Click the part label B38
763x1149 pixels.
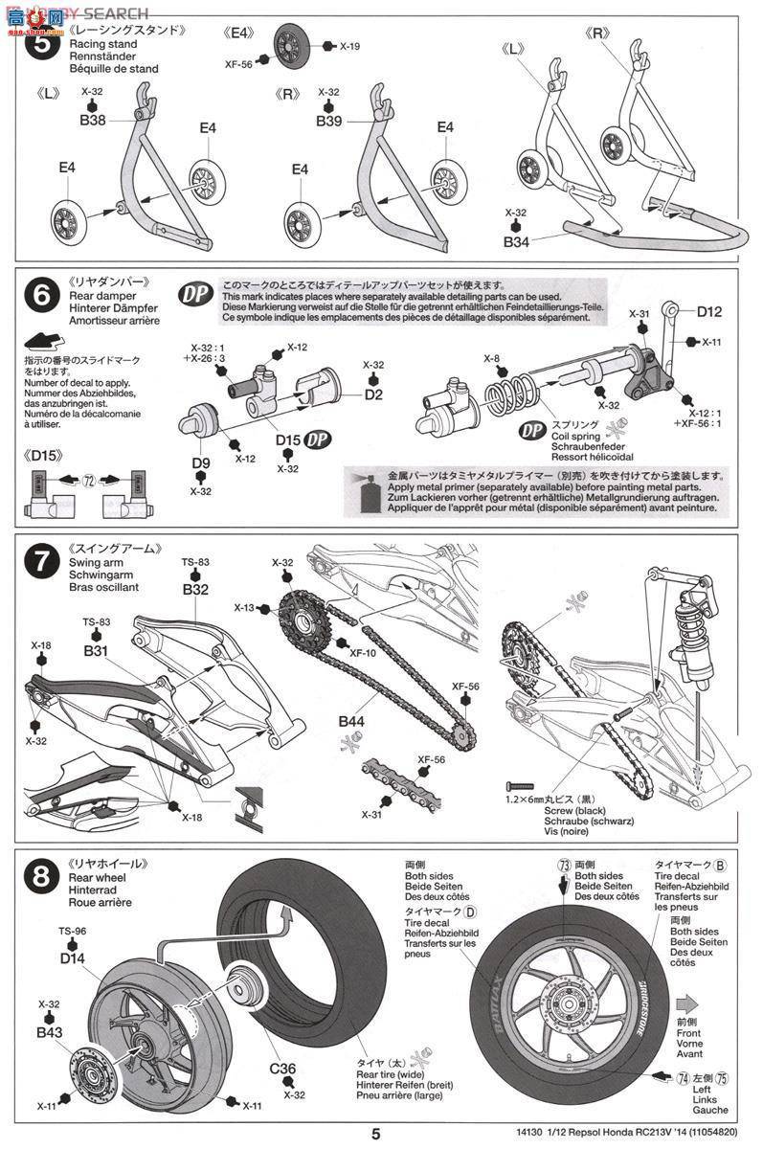[x=93, y=122]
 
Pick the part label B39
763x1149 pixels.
[x=329, y=122]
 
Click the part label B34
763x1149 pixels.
[x=516, y=243]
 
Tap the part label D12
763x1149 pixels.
[x=709, y=311]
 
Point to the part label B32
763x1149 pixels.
[x=196, y=590]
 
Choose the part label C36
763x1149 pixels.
[x=284, y=1068]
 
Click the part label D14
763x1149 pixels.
[x=73, y=957]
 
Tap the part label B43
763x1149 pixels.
[x=51, y=1033]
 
